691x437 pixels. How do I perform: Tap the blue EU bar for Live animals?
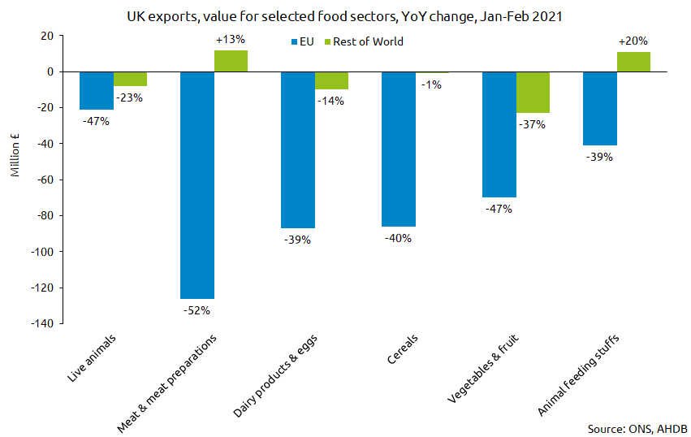(97, 90)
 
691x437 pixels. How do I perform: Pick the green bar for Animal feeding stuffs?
(633, 62)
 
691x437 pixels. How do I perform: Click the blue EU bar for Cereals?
(398, 149)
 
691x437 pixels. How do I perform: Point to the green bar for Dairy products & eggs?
(331, 80)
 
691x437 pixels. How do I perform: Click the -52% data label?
(197, 309)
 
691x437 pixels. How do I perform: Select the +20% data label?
(633, 41)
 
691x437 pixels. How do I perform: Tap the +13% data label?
(231, 39)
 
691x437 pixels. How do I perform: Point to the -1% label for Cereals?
(431, 84)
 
